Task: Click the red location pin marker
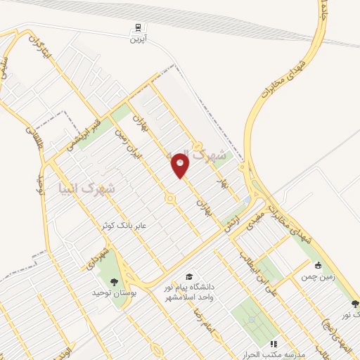pyautogui.click(x=180, y=166)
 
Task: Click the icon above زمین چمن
pyautogui.click(x=319, y=266)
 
